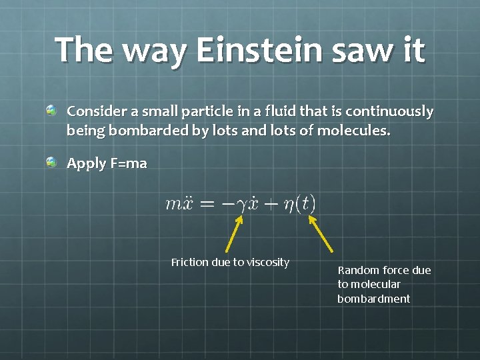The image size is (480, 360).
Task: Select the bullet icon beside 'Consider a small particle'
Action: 51,109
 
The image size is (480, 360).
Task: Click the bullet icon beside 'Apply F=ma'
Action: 51,161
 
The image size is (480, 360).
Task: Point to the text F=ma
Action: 128,163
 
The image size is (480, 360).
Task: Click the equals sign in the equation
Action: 208,203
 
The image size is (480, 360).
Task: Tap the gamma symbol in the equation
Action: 241,205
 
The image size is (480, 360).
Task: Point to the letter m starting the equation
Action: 171,203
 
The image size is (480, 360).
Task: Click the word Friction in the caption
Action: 190,262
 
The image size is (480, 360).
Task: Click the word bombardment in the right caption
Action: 373,299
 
